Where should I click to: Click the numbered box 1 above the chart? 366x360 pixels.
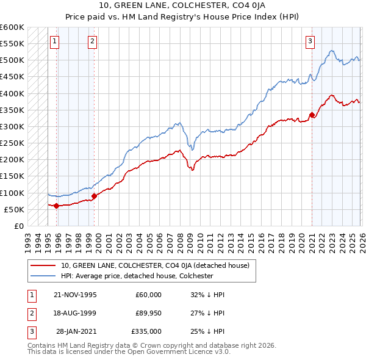tap(55, 41)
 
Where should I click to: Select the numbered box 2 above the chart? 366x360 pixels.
tap(92, 41)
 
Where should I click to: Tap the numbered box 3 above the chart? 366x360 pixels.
tap(310, 41)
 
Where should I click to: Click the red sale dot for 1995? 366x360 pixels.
tap(56, 206)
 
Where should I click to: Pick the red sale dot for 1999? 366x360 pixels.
tap(95, 196)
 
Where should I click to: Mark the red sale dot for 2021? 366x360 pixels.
tap(312, 115)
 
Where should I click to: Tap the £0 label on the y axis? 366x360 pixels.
tap(18, 226)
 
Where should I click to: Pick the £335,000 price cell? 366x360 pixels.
tap(146, 331)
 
